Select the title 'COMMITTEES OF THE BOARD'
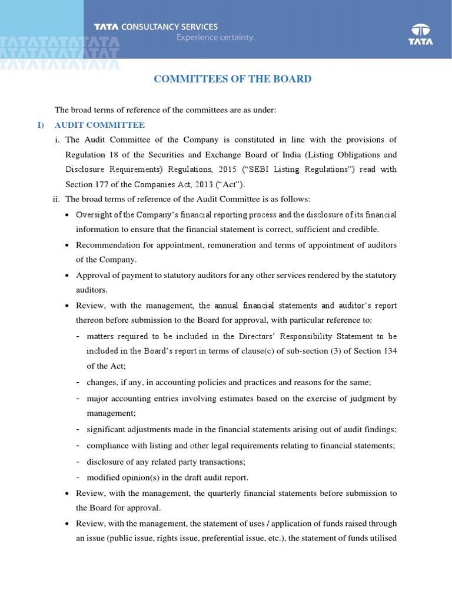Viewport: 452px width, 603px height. click(x=232, y=79)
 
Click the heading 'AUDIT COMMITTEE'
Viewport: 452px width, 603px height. click(x=99, y=125)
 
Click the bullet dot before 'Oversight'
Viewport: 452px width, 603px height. click(x=69, y=214)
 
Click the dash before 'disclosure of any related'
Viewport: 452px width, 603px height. click(x=78, y=462)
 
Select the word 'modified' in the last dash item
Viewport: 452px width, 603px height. click(x=102, y=477)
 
